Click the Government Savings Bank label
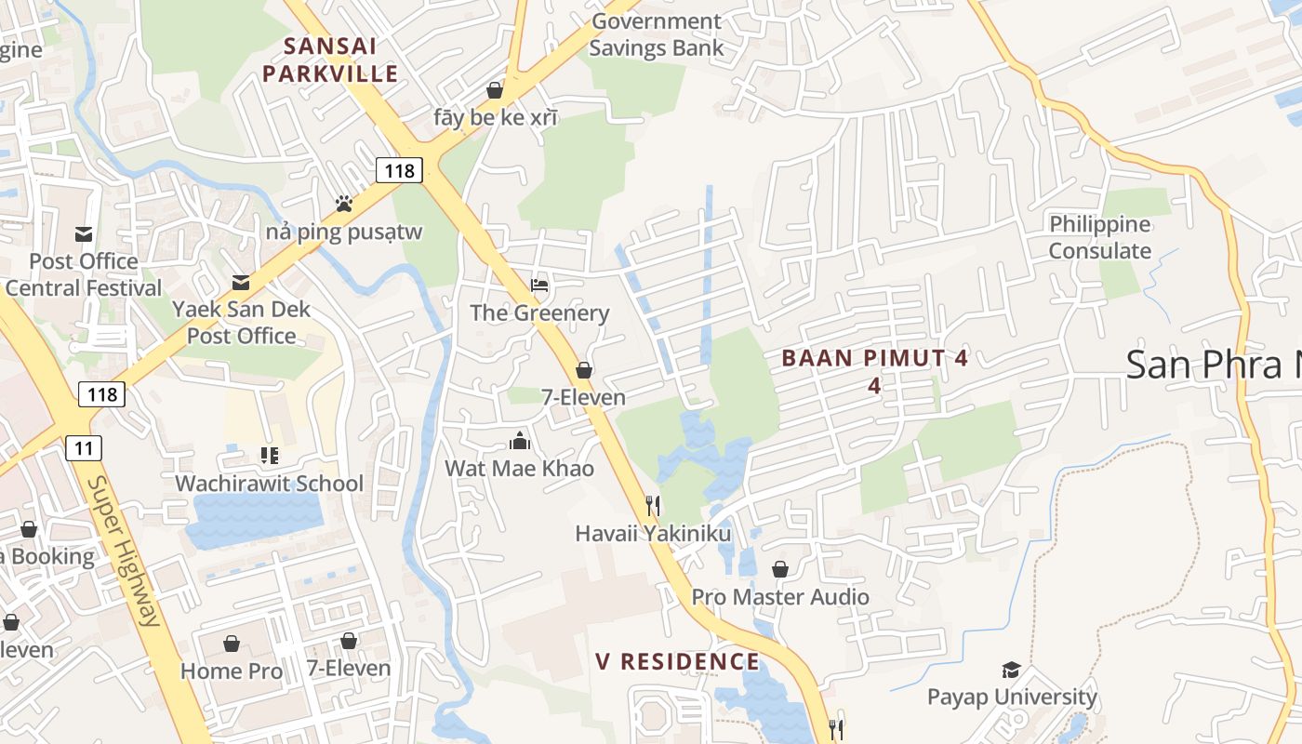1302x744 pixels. pos(656,34)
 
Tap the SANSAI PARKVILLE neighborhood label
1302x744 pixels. pos(330,60)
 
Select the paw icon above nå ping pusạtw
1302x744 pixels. pos(344,203)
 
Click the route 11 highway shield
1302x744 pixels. pos(84,448)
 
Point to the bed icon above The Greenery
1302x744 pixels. pos(539,284)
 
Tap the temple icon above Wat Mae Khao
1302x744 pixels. pos(519,440)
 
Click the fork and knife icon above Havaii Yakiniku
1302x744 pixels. pos(653,505)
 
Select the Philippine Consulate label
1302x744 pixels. pos(1100,237)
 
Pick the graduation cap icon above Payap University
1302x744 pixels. pos(1011,670)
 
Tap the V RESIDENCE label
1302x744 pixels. pos(678,661)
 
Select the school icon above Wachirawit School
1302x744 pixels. pos(269,456)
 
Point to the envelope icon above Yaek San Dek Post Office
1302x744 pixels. pos(241,282)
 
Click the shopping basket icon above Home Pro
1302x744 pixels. pos(231,643)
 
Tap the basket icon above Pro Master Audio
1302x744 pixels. pos(779,568)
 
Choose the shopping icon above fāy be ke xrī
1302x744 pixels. pos(495,90)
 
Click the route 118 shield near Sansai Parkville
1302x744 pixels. pos(400,169)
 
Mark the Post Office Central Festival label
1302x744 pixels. pos(84,274)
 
